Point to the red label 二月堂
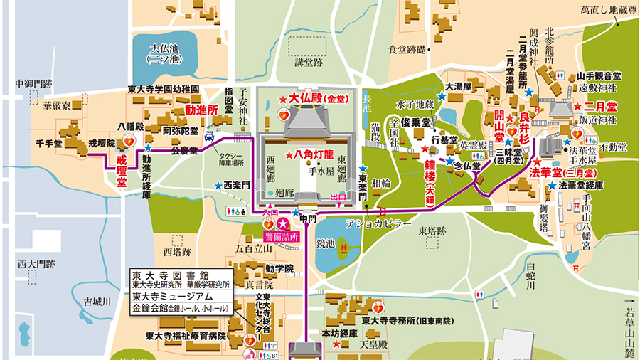pos(599,106)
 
